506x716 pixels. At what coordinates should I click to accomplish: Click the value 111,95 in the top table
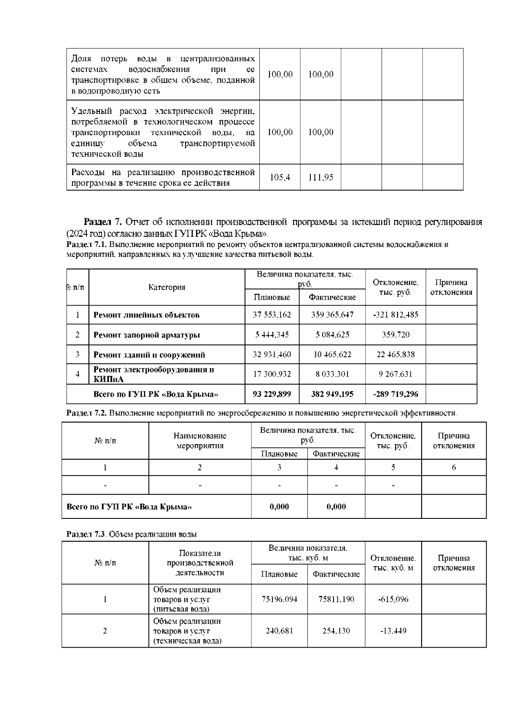[320, 177]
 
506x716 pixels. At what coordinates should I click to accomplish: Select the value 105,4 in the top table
[280, 177]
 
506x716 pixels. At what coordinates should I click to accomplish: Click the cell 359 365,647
[332, 315]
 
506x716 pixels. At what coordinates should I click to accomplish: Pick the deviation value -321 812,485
[395, 315]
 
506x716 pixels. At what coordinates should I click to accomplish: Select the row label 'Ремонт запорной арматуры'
[146, 335]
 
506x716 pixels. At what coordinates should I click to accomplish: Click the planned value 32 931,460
[272, 354]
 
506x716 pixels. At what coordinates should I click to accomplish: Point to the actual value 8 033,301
[332, 374]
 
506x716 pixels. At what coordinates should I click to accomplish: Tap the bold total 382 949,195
[332, 394]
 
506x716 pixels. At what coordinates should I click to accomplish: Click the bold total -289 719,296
[395, 394]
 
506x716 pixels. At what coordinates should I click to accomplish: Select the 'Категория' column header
[167, 287]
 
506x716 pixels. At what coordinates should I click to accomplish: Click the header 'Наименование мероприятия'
[200, 440]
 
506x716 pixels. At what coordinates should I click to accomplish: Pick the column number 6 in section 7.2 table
[454, 467]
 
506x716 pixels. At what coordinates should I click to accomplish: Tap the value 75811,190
[336, 599]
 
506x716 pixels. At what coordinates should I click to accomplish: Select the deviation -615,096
[393, 599]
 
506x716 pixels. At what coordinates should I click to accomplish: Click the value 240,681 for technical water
[279, 631]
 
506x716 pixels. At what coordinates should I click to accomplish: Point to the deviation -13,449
[393, 631]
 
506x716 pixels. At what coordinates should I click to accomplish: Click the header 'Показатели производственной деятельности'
[200, 563]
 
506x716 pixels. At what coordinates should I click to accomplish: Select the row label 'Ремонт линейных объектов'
[146, 315]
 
